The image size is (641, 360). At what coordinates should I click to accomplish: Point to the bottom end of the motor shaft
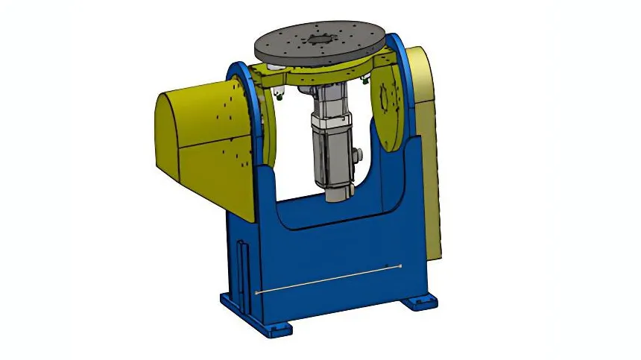coord(338,195)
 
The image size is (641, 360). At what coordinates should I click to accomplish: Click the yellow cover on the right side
coord(428,149)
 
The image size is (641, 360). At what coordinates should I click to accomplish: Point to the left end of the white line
coord(258,294)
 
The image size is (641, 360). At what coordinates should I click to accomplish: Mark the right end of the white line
coord(401,266)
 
